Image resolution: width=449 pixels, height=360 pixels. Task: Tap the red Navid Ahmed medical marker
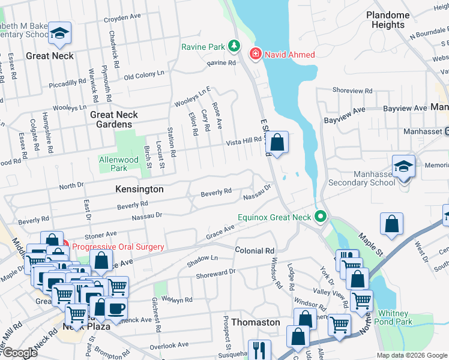255,55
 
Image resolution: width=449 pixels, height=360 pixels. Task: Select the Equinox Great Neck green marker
321,217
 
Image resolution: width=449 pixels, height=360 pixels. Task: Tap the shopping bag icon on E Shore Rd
277,143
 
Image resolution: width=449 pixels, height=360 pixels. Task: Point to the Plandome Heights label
388,20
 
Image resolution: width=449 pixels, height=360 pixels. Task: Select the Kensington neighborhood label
139,189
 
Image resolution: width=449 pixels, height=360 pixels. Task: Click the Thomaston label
256,322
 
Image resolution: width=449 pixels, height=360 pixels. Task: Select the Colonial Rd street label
255,250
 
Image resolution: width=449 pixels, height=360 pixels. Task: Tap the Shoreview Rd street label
352,91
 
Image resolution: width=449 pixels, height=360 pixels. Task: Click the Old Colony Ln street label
143,75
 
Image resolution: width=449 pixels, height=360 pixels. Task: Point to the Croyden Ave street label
126,19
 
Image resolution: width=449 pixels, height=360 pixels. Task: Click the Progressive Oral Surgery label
118,247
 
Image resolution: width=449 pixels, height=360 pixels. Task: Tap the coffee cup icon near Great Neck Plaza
116,308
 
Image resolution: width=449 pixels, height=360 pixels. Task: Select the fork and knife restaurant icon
259,349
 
